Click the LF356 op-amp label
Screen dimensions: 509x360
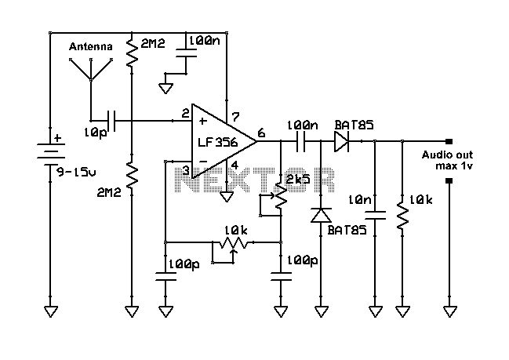click(x=218, y=142)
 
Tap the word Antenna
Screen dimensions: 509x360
click(x=91, y=47)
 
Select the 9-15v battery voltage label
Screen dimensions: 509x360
click(x=77, y=172)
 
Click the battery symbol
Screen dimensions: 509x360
click(x=50, y=152)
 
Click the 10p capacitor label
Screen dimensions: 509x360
click(x=96, y=133)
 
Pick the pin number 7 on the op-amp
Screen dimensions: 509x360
click(x=235, y=117)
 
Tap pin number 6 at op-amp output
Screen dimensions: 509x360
click(x=262, y=133)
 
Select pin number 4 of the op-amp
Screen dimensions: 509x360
click(x=235, y=165)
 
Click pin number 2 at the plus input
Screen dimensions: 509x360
click(x=185, y=114)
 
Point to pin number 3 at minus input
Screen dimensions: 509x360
click(x=186, y=170)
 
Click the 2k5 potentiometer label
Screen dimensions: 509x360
click(x=298, y=179)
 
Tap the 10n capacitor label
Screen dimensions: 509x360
click(x=360, y=200)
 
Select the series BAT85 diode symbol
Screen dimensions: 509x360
click(x=341, y=141)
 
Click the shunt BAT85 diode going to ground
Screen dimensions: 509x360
click(x=321, y=216)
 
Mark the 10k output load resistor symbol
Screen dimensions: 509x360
click(x=402, y=216)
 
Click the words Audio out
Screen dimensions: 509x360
click(x=447, y=155)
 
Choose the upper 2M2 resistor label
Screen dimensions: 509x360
click(x=153, y=43)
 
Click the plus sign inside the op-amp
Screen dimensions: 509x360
click(x=203, y=121)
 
